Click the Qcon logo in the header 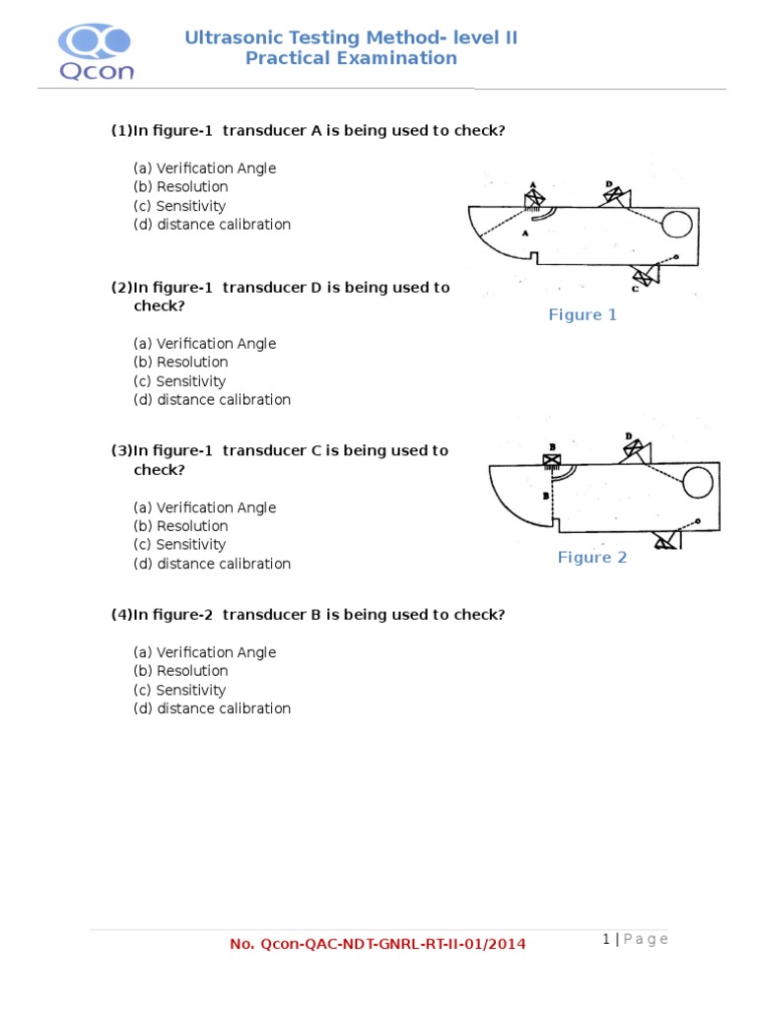tap(95, 51)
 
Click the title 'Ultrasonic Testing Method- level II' tap(351, 38)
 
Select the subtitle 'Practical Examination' tap(351, 58)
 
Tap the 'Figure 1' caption tap(583, 315)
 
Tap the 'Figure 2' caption tap(592, 558)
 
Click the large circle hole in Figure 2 tap(698, 483)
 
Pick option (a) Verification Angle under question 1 tap(205, 168)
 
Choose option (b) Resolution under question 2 tap(181, 363)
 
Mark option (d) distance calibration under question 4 tap(212, 708)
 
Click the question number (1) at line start tap(120, 131)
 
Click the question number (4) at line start tap(120, 615)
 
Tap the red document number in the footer tap(378, 944)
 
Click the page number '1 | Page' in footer tap(635, 939)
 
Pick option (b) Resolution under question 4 tap(181, 671)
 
